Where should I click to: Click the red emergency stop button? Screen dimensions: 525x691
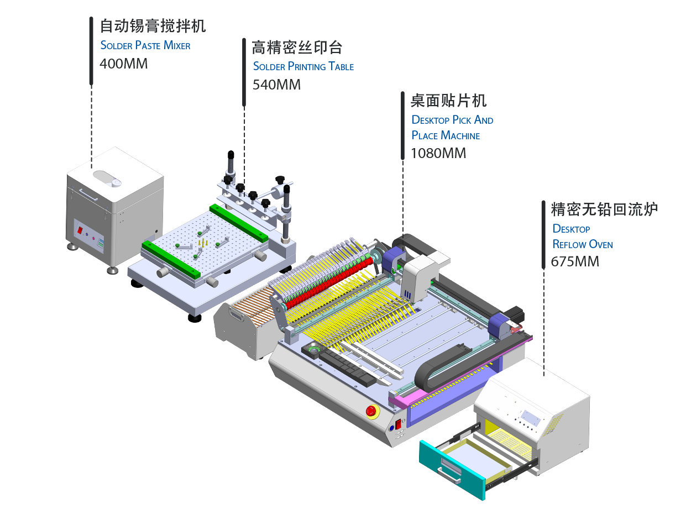[371, 411]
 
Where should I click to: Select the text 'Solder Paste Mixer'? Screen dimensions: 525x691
[145, 45]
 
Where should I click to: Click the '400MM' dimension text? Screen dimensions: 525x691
[124, 64]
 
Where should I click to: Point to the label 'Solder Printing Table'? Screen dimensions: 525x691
[303, 66]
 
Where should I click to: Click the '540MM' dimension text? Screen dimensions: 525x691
[276, 85]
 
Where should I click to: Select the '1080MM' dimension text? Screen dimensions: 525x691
[438, 153]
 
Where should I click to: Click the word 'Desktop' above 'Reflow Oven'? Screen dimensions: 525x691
[571, 229]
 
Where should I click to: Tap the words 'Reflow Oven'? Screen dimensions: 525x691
[583, 244]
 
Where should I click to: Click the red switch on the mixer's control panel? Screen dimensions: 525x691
[80, 229]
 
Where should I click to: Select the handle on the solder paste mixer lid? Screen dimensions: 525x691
[87, 193]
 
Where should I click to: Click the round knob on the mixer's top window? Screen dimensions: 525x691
[116, 183]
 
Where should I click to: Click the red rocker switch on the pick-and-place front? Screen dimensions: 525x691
[397, 425]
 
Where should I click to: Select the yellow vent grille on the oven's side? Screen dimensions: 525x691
[553, 427]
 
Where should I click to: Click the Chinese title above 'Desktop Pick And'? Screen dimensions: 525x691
[448, 101]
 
